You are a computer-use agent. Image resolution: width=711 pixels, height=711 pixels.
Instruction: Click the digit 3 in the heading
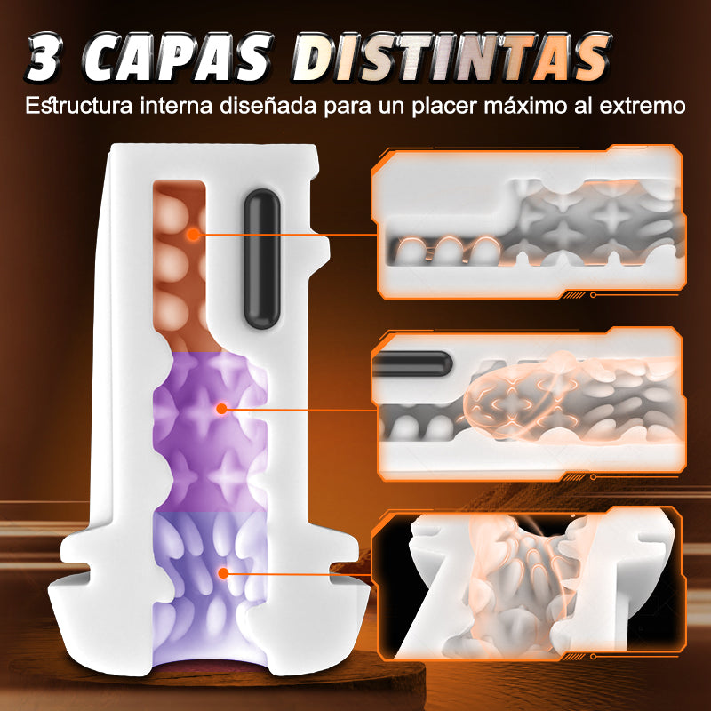click(44, 59)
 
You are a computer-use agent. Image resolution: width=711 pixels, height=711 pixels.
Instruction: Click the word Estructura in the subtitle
click(79, 106)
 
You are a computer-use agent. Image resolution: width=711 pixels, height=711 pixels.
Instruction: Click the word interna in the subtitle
click(176, 106)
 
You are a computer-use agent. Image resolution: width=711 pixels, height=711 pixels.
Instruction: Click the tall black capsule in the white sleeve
click(261, 259)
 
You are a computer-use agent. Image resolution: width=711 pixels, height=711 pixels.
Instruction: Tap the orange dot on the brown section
click(193, 235)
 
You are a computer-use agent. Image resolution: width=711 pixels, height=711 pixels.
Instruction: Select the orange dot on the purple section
click(221, 409)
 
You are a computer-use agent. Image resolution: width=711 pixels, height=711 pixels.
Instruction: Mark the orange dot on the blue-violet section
click(223, 573)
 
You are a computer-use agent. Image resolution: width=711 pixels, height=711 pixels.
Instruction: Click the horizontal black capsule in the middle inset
click(411, 363)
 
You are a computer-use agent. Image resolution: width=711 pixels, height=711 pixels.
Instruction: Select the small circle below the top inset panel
click(593, 295)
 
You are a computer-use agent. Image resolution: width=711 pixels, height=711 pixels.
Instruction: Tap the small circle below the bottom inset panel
click(593, 656)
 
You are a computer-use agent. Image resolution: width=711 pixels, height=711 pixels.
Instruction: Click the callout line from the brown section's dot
click(286, 235)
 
